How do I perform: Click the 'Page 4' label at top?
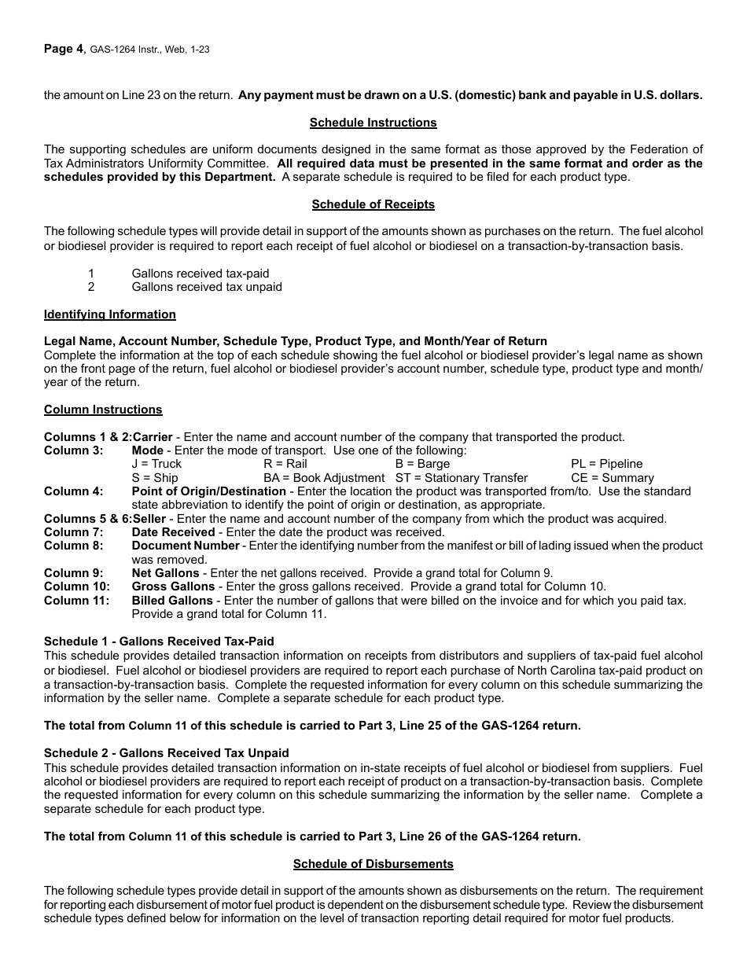[x=63, y=49]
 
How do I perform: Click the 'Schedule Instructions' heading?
[x=373, y=123]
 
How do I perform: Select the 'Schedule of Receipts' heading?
[x=373, y=204]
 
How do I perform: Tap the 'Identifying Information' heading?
[x=110, y=314]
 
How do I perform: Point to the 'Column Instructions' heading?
[x=103, y=410]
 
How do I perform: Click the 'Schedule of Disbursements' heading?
[x=373, y=864]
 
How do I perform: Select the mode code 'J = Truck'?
[x=156, y=464]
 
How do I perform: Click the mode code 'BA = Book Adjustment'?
[x=324, y=478]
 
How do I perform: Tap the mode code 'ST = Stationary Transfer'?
[x=461, y=478]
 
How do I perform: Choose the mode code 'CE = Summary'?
[x=612, y=478]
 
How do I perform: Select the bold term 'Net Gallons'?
[x=165, y=573]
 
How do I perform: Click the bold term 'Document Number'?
[x=186, y=546]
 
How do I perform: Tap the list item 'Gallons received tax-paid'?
[x=200, y=274]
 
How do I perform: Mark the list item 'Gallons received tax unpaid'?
[x=206, y=287]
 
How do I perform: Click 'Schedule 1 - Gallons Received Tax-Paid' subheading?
[x=159, y=642]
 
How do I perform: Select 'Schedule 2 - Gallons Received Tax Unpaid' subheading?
[x=166, y=753]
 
